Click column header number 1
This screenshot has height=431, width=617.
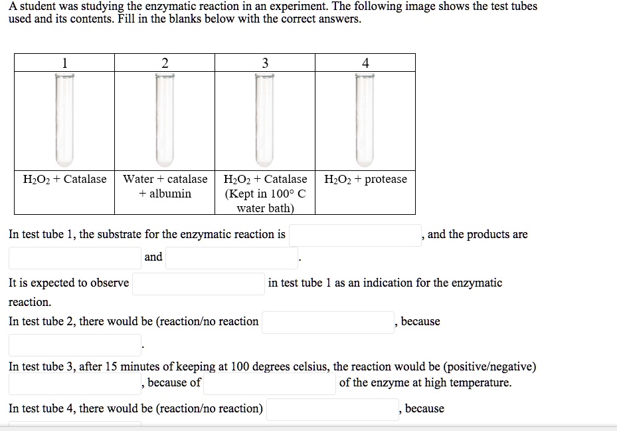point(64,63)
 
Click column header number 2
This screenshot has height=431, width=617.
point(165,63)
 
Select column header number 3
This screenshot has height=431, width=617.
point(265,63)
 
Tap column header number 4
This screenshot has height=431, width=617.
point(365,63)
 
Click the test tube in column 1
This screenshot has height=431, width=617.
point(64,120)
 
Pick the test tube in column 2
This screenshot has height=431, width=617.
point(165,120)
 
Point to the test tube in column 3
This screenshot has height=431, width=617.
point(265,120)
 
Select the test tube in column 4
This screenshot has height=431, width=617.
point(365,120)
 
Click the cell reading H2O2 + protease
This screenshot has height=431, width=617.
point(365,180)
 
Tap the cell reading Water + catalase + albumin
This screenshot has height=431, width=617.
point(165,186)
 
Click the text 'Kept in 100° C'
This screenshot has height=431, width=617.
point(266,194)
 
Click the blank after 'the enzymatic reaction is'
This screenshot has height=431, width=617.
point(355,235)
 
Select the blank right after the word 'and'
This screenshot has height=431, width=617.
point(232,258)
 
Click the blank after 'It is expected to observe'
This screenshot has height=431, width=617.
point(198,284)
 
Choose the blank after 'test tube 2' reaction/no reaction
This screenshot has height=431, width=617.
point(328,323)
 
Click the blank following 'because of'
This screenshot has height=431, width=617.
point(269,384)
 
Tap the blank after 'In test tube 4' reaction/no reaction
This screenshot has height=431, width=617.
point(333,409)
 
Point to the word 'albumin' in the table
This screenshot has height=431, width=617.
point(170,194)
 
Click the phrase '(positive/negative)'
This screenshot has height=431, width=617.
point(490,366)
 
